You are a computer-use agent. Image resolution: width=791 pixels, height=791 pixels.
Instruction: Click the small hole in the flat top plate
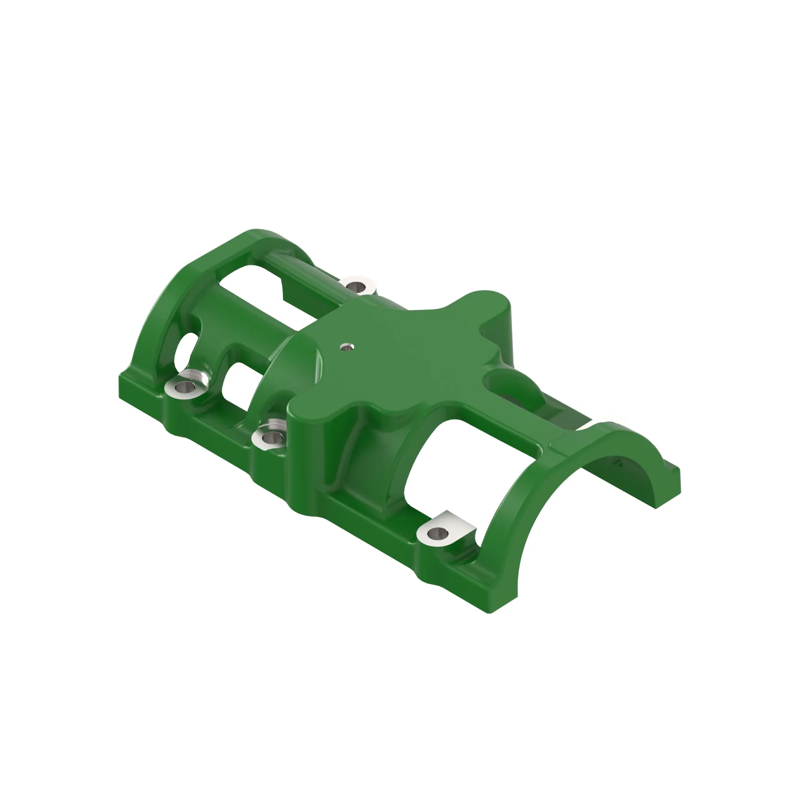pos(347,348)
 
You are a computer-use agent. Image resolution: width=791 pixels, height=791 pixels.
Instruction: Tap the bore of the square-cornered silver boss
pos(438,533)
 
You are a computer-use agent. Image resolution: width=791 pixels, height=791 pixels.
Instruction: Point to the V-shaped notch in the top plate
pos(486,329)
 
